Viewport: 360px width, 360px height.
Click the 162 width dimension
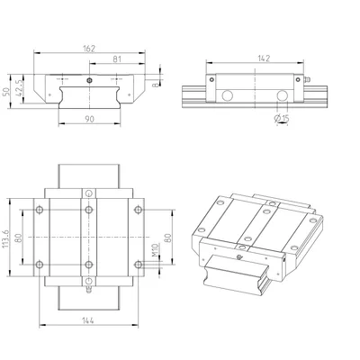click(89, 49)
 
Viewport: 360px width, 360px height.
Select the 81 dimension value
click(117, 59)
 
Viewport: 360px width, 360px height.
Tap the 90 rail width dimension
click(89, 119)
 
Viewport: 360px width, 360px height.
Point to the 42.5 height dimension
click(20, 87)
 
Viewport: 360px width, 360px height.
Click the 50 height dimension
click(6, 91)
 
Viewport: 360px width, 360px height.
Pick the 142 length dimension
click(264, 58)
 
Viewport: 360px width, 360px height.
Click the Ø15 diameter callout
click(282, 119)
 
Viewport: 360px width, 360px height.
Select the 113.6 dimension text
click(5, 238)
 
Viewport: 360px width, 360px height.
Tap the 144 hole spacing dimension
click(88, 320)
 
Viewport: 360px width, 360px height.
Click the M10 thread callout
click(155, 250)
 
